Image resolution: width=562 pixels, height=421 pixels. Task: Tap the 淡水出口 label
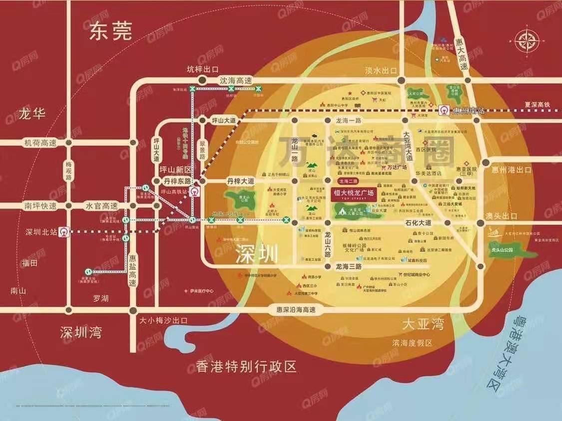pyautogui.click(x=381, y=70)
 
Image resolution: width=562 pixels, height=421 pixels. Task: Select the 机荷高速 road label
pyautogui.click(x=40, y=143)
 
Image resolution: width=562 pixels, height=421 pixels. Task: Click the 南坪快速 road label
pyautogui.click(x=40, y=205)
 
